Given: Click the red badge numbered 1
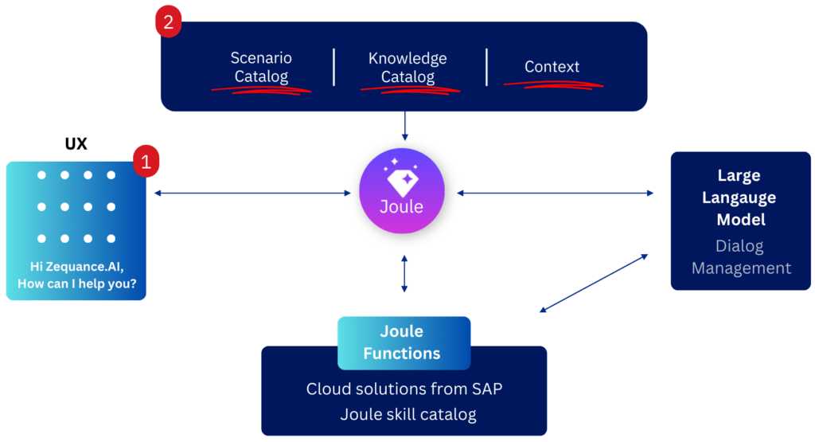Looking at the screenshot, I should (146, 162).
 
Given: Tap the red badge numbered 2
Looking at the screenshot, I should (167, 22).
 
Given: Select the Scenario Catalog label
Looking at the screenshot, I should (261, 68).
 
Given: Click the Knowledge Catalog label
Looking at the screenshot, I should (407, 68).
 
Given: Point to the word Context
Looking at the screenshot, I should (552, 67).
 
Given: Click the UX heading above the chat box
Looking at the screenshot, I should (76, 145).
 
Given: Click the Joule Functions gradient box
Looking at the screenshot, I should (404, 343).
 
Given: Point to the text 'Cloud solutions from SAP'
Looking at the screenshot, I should (404, 389).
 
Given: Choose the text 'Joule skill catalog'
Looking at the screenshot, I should (404, 414).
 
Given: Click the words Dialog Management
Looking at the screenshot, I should (740, 256).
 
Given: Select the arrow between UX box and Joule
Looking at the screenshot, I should (252, 193).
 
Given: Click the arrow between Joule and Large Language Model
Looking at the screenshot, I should (556, 193).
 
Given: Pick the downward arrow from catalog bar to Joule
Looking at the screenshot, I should (404, 125).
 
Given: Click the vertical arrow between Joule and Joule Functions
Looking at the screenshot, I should (404, 273).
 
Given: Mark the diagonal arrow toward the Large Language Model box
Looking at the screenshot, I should (594, 284).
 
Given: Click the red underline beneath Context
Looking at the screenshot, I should (552, 84).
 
